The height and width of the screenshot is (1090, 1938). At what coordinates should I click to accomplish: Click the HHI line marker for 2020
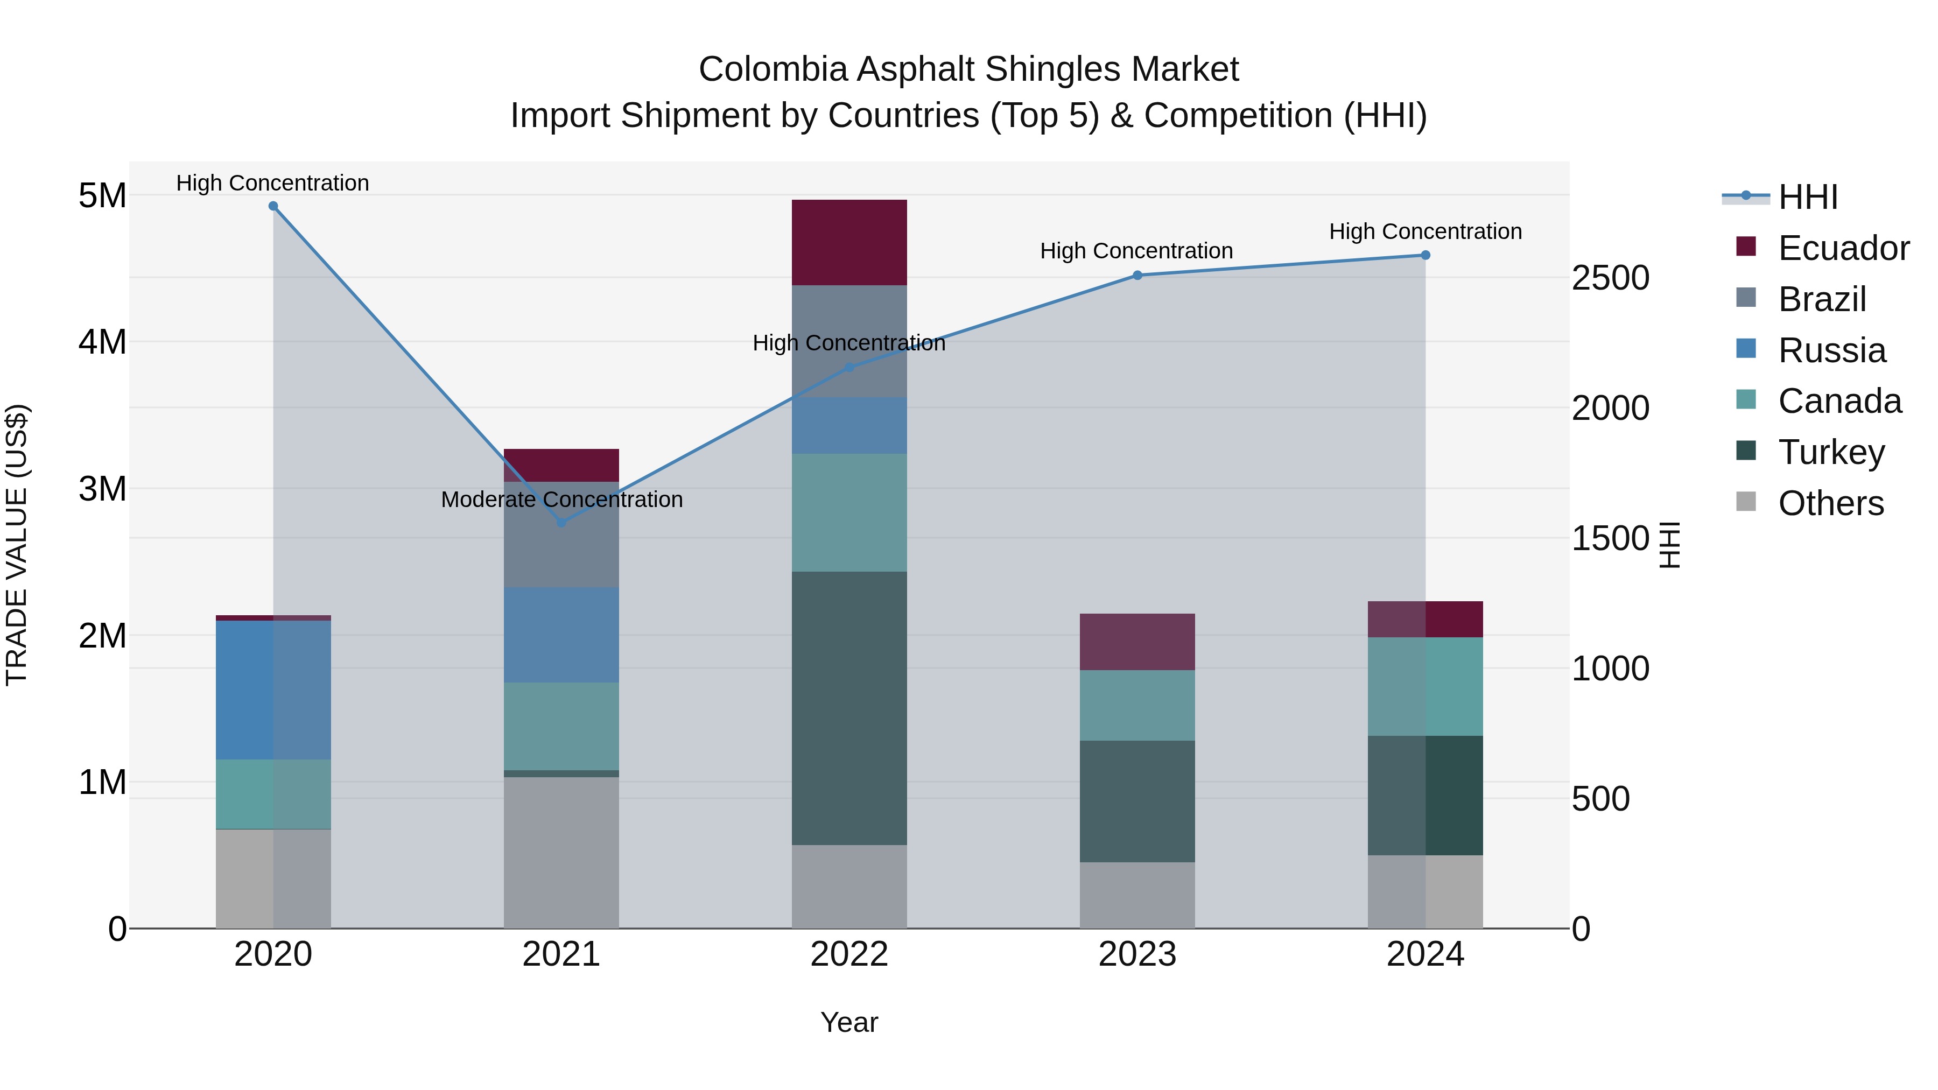coord(273,206)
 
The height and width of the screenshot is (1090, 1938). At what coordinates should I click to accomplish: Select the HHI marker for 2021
coord(561,522)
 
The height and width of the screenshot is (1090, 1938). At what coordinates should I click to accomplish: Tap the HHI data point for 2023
coord(1137,275)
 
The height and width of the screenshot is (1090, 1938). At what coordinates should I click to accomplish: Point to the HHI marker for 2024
coord(1425,255)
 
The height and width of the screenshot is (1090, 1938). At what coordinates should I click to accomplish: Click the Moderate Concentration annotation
coord(561,500)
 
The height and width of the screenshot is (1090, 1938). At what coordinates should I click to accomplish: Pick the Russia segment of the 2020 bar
coord(273,690)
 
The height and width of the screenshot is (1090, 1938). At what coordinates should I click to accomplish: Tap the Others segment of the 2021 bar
coord(561,852)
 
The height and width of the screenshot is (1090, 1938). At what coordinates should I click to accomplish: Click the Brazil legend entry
coord(1821,299)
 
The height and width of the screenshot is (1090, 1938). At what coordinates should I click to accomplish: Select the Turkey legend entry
coord(1830,452)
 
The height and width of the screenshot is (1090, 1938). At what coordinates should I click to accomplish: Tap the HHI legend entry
coord(1807,197)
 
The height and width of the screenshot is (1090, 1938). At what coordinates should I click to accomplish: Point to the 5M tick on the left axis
coord(102,195)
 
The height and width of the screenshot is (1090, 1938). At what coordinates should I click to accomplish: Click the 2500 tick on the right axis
coord(1610,278)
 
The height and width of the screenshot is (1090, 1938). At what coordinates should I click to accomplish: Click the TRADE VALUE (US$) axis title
coord(17,545)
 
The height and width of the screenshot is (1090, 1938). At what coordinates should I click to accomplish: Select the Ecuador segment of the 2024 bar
coord(1425,619)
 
